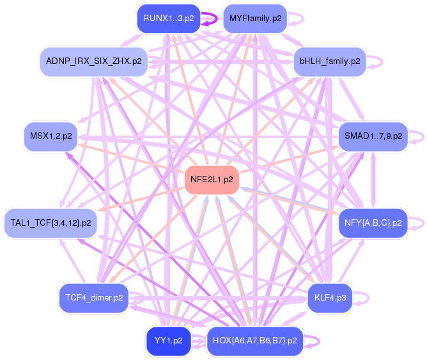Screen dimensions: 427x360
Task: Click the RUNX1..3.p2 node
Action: coord(169,19)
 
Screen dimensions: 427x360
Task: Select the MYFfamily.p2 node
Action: coord(255,19)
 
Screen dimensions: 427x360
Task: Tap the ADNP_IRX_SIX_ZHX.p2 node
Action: coord(94,61)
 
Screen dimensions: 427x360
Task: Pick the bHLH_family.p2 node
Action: coord(330,61)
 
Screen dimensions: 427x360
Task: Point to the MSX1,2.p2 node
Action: coord(51,136)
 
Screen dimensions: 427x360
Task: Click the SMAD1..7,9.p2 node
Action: coord(373,136)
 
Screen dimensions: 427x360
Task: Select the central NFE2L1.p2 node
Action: coord(212,180)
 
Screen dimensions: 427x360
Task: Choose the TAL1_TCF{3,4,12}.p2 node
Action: coord(50,223)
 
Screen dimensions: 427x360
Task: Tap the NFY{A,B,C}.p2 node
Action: coord(373,223)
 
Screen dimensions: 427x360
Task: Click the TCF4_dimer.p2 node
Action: coord(94,298)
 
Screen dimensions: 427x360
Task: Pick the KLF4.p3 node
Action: coord(330,298)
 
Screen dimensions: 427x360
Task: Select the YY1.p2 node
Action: coord(169,341)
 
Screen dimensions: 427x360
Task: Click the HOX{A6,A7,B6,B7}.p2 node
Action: coord(255,341)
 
